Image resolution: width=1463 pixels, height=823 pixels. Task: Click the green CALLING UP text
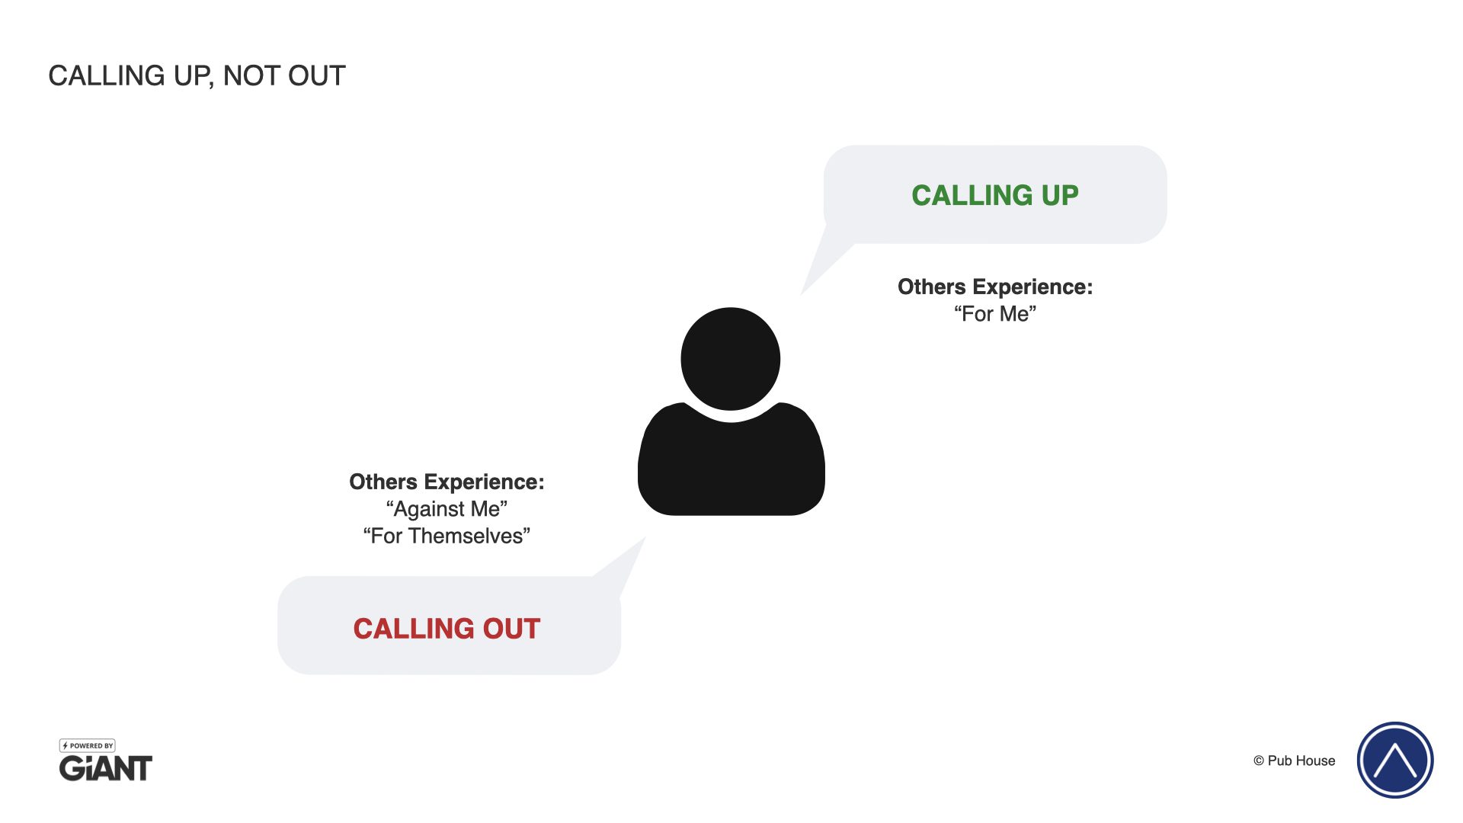[x=994, y=196]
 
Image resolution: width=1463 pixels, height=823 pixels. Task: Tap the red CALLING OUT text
[x=447, y=629]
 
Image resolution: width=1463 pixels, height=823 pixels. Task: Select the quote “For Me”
[x=994, y=314]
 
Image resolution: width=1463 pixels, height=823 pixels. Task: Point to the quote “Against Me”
[x=447, y=509]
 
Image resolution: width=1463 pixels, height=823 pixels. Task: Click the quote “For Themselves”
[x=447, y=536]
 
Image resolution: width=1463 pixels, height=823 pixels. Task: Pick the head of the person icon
[x=730, y=358]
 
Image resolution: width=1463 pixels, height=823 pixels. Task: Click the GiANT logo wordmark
[x=106, y=768]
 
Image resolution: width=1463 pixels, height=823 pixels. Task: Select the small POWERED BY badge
[x=88, y=745]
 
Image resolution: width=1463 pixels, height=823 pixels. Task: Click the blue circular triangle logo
[x=1394, y=761]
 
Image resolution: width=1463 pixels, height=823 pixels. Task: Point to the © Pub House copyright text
[x=1294, y=761]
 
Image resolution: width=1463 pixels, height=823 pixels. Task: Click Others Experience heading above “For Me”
[x=994, y=287]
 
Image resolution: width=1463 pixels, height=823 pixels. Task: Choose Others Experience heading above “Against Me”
[x=447, y=482]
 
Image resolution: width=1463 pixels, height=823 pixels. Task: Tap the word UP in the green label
[x=1060, y=196]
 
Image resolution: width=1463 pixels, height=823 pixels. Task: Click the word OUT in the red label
[x=511, y=629]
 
